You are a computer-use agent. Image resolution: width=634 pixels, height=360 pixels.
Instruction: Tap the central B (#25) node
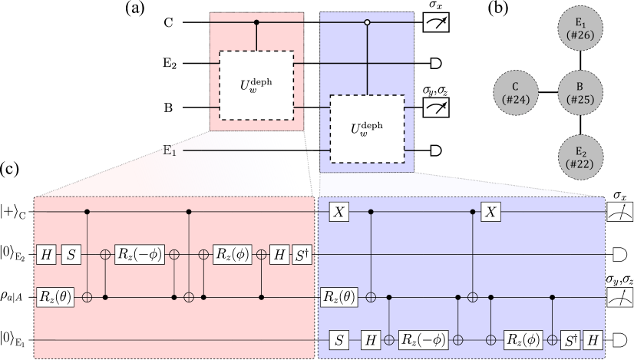click(x=579, y=91)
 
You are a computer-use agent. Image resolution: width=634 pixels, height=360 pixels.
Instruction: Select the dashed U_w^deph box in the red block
click(x=256, y=83)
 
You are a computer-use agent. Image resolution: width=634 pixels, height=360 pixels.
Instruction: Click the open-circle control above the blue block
click(x=366, y=23)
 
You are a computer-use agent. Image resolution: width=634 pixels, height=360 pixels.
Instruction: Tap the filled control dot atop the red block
click(x=256, y=23)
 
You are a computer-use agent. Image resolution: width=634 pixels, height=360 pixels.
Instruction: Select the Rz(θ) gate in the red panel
click(x=54, y=296)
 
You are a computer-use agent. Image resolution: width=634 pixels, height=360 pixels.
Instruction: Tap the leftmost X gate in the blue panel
click(x=338, y=211)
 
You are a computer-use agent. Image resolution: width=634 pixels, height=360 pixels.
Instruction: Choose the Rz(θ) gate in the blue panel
click(x=338, y=296)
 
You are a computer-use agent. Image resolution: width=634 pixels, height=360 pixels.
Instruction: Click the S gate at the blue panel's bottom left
click(x=338, y=338)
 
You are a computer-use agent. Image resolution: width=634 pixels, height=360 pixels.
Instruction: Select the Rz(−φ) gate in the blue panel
click(x=424, y=338)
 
